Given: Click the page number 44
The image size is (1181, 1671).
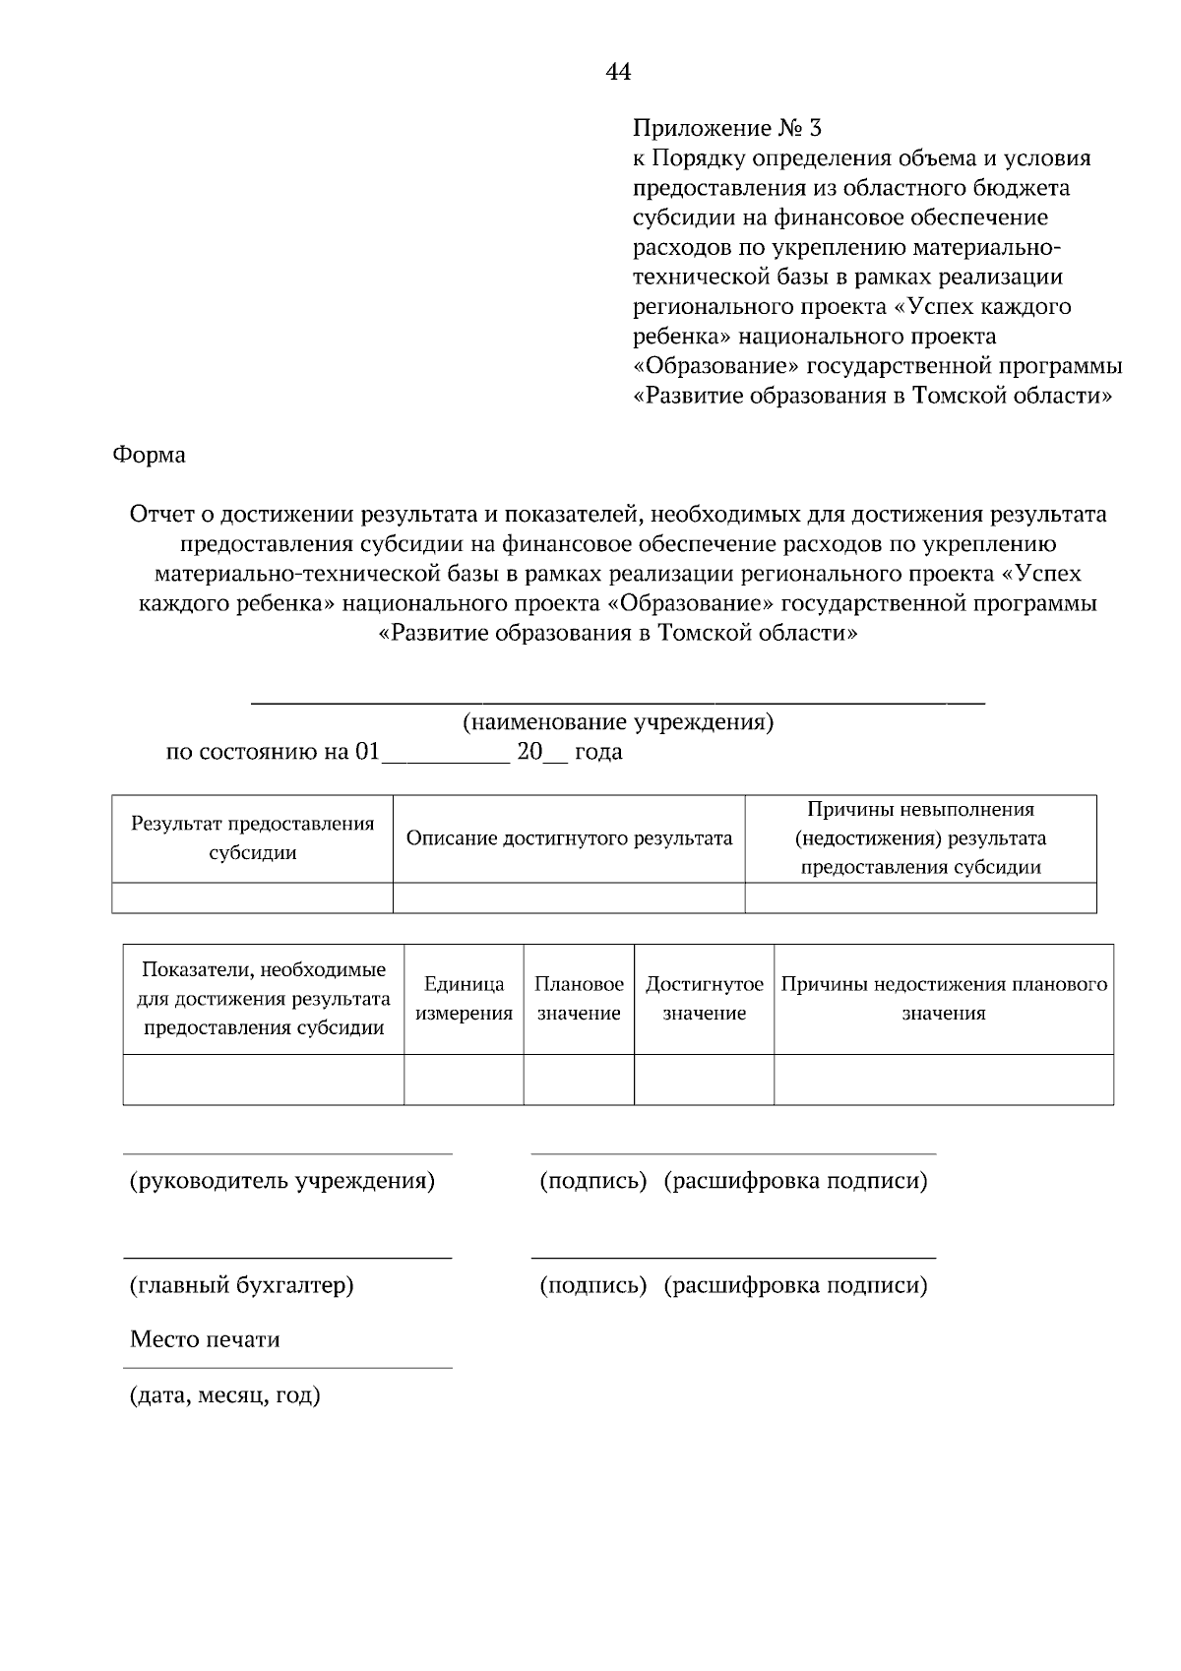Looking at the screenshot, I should point(618,72).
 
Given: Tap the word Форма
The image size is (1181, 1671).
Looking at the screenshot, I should point(149,455).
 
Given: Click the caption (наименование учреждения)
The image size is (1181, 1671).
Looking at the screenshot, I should point(618,722).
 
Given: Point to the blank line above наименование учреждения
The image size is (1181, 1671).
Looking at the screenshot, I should point(618,702).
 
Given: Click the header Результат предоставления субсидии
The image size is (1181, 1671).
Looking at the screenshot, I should point(253,838).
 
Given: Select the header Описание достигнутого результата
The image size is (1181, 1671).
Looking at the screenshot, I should point(569,838).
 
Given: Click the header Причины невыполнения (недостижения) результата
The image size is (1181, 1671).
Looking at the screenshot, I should point(920,838).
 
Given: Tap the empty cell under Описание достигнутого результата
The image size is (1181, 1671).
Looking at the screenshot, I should point(569,897).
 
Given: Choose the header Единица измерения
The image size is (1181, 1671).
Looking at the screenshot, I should point(464,999).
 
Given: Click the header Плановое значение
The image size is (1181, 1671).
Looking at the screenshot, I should point(579,999).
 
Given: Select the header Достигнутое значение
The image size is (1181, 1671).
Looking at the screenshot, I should point(704,999).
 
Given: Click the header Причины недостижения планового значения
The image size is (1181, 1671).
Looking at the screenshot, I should point(944,999).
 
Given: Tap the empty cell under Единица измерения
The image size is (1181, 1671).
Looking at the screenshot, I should point(464,1080).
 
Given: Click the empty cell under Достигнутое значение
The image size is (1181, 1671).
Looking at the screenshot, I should point(704,1080).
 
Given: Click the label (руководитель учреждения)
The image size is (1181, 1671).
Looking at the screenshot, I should point(282,1181).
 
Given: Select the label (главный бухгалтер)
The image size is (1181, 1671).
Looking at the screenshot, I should point(242,1285).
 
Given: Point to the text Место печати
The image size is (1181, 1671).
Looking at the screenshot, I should point(205,1339).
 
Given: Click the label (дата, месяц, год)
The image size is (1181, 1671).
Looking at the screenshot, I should point(225,1395).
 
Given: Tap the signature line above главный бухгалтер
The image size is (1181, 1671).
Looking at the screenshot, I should point(287,1257).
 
